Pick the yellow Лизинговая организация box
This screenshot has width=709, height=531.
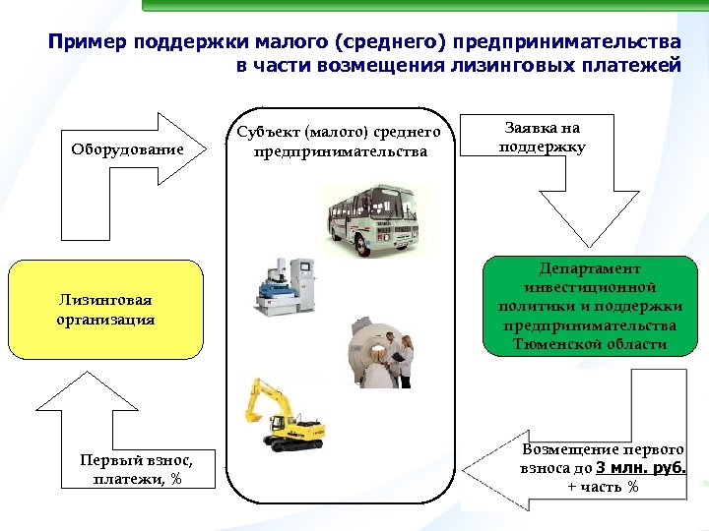click(105, 309)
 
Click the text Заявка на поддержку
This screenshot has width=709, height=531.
click(542, 138)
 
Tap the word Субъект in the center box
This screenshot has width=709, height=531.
click(267, 133)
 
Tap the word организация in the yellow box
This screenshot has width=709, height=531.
click(105, 320)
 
